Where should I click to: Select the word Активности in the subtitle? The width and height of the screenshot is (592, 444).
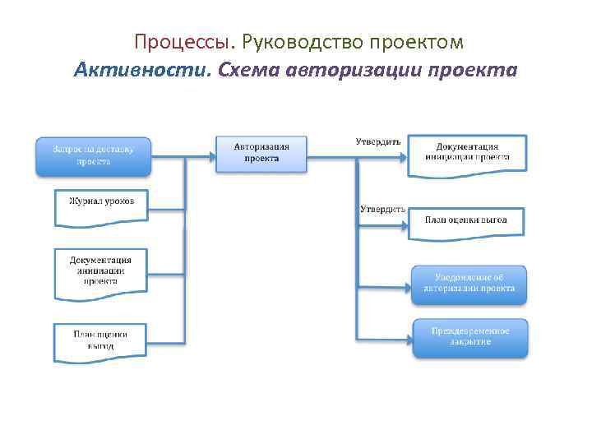click(x=142, y=69)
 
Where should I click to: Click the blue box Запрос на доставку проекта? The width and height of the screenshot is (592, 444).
click(x=93, y=155)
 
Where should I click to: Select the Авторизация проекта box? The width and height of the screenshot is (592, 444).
click(x=261, y=153)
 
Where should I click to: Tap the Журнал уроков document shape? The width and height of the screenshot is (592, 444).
click(x=101, y=206)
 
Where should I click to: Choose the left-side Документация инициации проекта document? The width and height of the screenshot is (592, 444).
click(x=100, y=272)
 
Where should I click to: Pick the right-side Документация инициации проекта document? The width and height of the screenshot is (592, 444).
click(x=467, y=152)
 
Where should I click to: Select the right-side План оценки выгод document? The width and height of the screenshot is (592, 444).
click(x=466, y=221)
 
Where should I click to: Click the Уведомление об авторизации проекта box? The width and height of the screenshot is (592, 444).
click(x=469, y=284)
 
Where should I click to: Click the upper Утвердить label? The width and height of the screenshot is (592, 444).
click(x=378, y=141)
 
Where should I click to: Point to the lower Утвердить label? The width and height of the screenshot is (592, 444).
click(x=382, y=209)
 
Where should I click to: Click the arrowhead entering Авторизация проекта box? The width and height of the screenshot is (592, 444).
click(x=211, y=154)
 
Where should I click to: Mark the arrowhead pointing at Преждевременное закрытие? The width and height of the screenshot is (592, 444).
click(x=408, y=337)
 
